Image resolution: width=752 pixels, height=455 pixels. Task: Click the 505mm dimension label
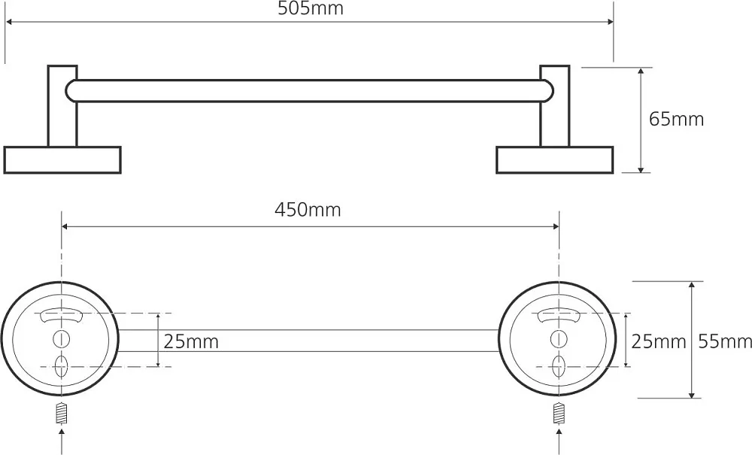[311, 8]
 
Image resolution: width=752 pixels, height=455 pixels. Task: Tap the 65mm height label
[676, 119]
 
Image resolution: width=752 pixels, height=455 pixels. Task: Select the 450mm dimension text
[308, 210]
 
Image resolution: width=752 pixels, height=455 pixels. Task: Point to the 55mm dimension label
[725, 341]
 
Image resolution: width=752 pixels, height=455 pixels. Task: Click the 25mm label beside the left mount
[191, 342]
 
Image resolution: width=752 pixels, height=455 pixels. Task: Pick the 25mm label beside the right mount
[658, 342]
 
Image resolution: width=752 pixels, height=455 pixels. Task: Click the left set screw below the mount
[62, 414]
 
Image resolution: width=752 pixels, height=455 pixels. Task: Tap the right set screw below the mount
[558, 414]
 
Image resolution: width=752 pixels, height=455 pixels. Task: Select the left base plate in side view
[62, 159]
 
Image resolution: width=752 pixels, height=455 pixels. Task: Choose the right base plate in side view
[555, 159]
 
